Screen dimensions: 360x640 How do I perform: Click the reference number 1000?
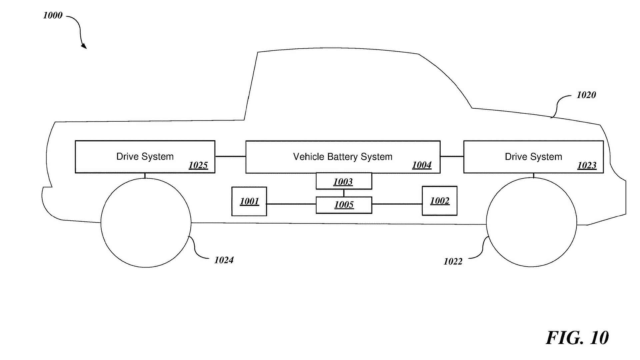point(53,15)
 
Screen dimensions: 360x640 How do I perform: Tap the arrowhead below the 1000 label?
point(84,46)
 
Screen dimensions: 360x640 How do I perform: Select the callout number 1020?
point(586,95)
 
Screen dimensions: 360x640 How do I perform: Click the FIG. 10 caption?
point(577,338)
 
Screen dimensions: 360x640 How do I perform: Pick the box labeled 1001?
point(249,201)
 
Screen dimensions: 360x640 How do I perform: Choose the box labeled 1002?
point(439,201)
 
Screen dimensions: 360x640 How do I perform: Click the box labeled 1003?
point(344,181)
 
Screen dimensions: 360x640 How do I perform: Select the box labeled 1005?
point(344,205)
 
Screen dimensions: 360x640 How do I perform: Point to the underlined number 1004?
point(422,165)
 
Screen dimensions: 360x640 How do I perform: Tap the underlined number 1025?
point(198,165)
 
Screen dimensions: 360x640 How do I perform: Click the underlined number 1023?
point(587,165)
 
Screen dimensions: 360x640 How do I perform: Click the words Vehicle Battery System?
point(343,157)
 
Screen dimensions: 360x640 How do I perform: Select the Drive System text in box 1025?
point(145,156)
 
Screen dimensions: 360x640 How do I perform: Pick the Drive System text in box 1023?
point(533,157)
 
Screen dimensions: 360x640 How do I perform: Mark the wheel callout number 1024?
point(224,260)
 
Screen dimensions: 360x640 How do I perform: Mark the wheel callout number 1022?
point(453,261)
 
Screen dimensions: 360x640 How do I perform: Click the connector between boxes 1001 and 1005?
point(291,204)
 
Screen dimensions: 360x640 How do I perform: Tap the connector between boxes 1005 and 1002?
point(397,204)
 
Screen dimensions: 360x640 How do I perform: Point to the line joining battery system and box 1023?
point(452,156)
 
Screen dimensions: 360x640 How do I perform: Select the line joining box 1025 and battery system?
point(230,156)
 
